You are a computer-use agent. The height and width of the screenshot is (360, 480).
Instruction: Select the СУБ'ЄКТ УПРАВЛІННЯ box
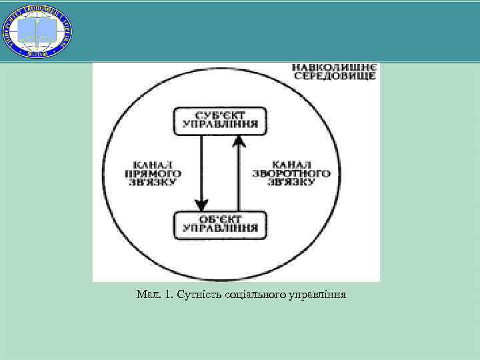click(220, 120)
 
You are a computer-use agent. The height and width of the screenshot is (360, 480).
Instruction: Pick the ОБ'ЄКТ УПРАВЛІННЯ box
click(220, 224)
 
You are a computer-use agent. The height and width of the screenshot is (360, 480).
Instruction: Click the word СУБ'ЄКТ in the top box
click(220, 115)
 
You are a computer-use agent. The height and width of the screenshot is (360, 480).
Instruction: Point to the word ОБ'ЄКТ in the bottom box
click(220, 219)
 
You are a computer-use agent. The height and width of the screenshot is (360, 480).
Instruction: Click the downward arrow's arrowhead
click(201, 204)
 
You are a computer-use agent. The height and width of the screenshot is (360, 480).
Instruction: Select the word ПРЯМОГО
click(154, 173)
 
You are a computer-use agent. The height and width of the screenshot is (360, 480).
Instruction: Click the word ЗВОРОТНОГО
click(292, 173)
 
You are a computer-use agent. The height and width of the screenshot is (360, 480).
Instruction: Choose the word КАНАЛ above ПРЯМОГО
click(154, 163)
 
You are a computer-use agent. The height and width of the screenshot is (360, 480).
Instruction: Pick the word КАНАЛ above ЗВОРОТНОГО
click(292, 163)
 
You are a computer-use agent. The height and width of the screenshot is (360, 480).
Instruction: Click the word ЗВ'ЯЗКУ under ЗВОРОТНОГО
click(292, 182)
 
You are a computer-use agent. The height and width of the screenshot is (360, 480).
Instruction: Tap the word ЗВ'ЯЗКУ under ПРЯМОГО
click(154, 182)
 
